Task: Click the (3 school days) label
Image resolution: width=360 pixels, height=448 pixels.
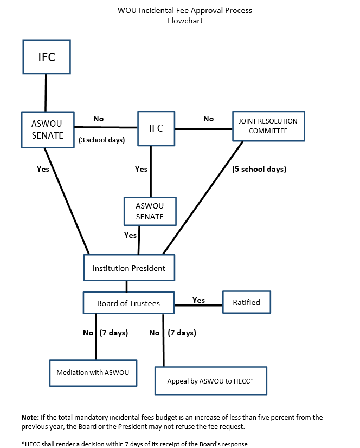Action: tap(102, 140)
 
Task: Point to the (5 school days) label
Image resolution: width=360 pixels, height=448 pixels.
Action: tap(259, 169)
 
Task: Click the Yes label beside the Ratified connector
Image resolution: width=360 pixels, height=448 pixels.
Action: tap(199, 300)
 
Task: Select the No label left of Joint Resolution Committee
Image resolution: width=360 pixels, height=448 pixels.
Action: tap(208, 119)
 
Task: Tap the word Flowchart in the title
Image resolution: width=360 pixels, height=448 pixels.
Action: tap(185, 21)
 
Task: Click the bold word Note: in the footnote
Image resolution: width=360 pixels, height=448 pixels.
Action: tap(30, 417)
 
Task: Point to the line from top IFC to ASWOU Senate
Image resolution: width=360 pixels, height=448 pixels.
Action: tap(46, 93)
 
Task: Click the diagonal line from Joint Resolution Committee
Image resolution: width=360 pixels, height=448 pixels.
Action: tap(203, 198)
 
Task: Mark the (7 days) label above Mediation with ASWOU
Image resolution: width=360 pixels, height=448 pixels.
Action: tap(114, 333)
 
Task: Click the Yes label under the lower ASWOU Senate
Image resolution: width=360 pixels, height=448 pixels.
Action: tap(130, 235)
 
